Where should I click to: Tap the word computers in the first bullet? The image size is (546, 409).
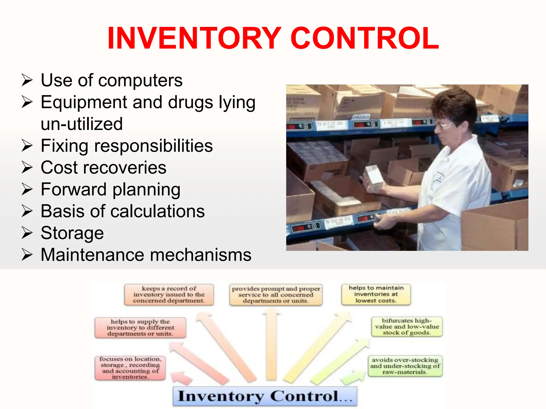tap(140, 80)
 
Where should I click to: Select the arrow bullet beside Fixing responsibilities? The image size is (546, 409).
tap(27, 146)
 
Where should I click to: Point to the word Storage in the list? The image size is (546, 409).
tap(72, 233)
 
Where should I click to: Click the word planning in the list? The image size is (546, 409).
tap(146, 190)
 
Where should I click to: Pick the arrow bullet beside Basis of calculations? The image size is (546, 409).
tap(27, 211)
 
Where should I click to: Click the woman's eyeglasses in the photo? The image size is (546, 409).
tap(444, 125)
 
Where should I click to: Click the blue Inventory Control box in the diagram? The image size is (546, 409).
tap(265, 396)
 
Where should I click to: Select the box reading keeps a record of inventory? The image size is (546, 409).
tap(169, 295)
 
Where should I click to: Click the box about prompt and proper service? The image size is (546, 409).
tap(276, 295)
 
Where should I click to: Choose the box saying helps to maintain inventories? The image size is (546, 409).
tap(376, 294)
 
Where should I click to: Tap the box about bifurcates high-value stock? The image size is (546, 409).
tap(407, 326)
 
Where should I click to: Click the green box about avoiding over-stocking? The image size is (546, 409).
tap(405, 366)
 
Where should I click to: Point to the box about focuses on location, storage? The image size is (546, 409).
tap(130, 368)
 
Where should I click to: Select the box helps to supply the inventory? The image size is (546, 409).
tap(140, 328)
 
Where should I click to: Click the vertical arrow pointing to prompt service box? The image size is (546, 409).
tap(271, 346)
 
